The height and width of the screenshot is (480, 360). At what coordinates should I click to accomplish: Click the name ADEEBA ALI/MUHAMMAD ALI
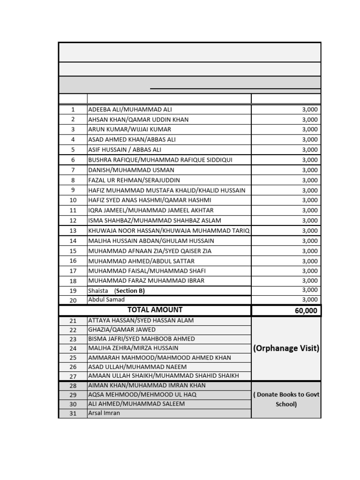123,109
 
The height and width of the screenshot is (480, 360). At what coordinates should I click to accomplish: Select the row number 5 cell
73,150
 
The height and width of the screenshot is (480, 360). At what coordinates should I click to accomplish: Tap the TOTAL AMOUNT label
155,310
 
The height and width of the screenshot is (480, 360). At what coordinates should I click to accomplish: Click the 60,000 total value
306,310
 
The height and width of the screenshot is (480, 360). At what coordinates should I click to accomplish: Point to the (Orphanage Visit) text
286,348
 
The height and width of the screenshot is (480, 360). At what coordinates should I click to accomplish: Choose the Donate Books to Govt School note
286,399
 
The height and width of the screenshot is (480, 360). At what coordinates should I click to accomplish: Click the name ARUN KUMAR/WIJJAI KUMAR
130,129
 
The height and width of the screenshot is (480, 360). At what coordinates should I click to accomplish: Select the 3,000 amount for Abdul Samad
309,300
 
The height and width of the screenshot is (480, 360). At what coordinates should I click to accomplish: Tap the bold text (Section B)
130,291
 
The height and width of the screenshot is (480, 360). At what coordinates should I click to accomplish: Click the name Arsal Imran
104,413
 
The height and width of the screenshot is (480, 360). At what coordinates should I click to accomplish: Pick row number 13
73,231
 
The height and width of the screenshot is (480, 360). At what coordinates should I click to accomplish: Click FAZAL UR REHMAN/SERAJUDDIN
134,180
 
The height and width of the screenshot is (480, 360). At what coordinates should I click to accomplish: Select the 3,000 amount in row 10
309,200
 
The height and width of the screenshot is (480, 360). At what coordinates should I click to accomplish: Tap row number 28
73,385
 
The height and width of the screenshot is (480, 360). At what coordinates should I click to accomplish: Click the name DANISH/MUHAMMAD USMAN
131,170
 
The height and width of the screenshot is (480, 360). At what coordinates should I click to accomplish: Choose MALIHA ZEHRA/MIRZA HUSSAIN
133,348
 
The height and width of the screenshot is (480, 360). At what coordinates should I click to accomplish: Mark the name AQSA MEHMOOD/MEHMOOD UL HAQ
142,394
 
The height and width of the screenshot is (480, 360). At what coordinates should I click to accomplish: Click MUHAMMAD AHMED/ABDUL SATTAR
141,261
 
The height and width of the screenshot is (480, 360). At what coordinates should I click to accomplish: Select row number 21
73,321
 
